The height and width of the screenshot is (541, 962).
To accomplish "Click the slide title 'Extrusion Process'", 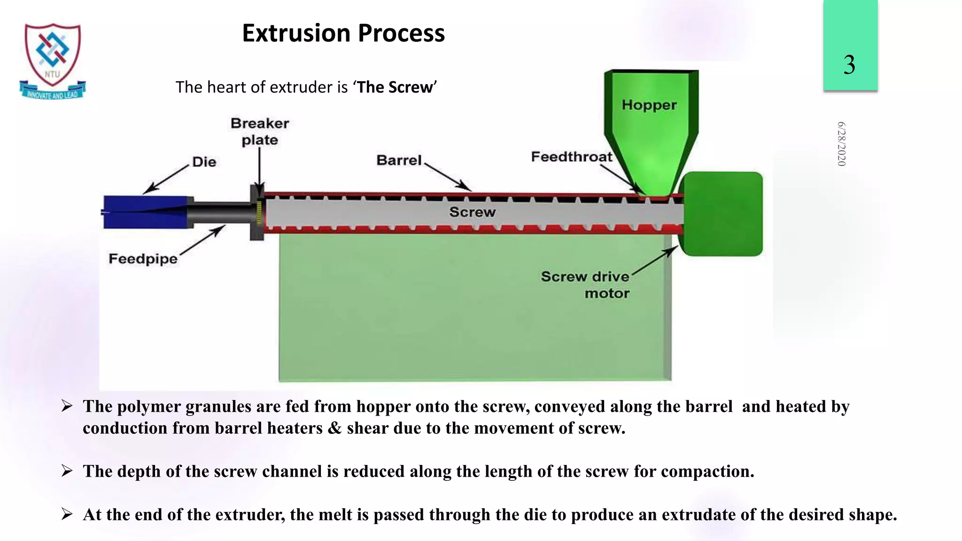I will click(x=343, y=33).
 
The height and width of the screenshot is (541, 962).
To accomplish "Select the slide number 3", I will click(x=849, y=64).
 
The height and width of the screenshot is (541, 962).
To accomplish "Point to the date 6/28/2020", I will click(x=841, y=144).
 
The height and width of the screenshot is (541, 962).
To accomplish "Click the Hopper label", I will click(x=649, y=105).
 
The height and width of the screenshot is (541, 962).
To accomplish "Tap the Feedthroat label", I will click(x=572, y=157).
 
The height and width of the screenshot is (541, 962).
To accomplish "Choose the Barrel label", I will click(x=399, y=161).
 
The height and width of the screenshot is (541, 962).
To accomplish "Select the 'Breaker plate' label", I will click(x=260, y=131).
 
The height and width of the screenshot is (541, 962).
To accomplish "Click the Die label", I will click(x=204, y=162).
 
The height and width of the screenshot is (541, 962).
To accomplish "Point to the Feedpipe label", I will click(x=143, y=259).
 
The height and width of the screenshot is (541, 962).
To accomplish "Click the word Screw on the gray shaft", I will click(x=472, y=212).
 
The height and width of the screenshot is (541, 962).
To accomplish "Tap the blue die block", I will click(x=146, y=212).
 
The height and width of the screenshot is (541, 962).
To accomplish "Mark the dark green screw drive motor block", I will click(x=722, y=214).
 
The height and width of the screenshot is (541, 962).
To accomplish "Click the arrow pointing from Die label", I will click(x=165, y=179).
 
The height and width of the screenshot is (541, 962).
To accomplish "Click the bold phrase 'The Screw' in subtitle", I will click(x=395, y=87).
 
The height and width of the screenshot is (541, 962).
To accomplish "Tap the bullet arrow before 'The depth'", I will click(x=67, y=471).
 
